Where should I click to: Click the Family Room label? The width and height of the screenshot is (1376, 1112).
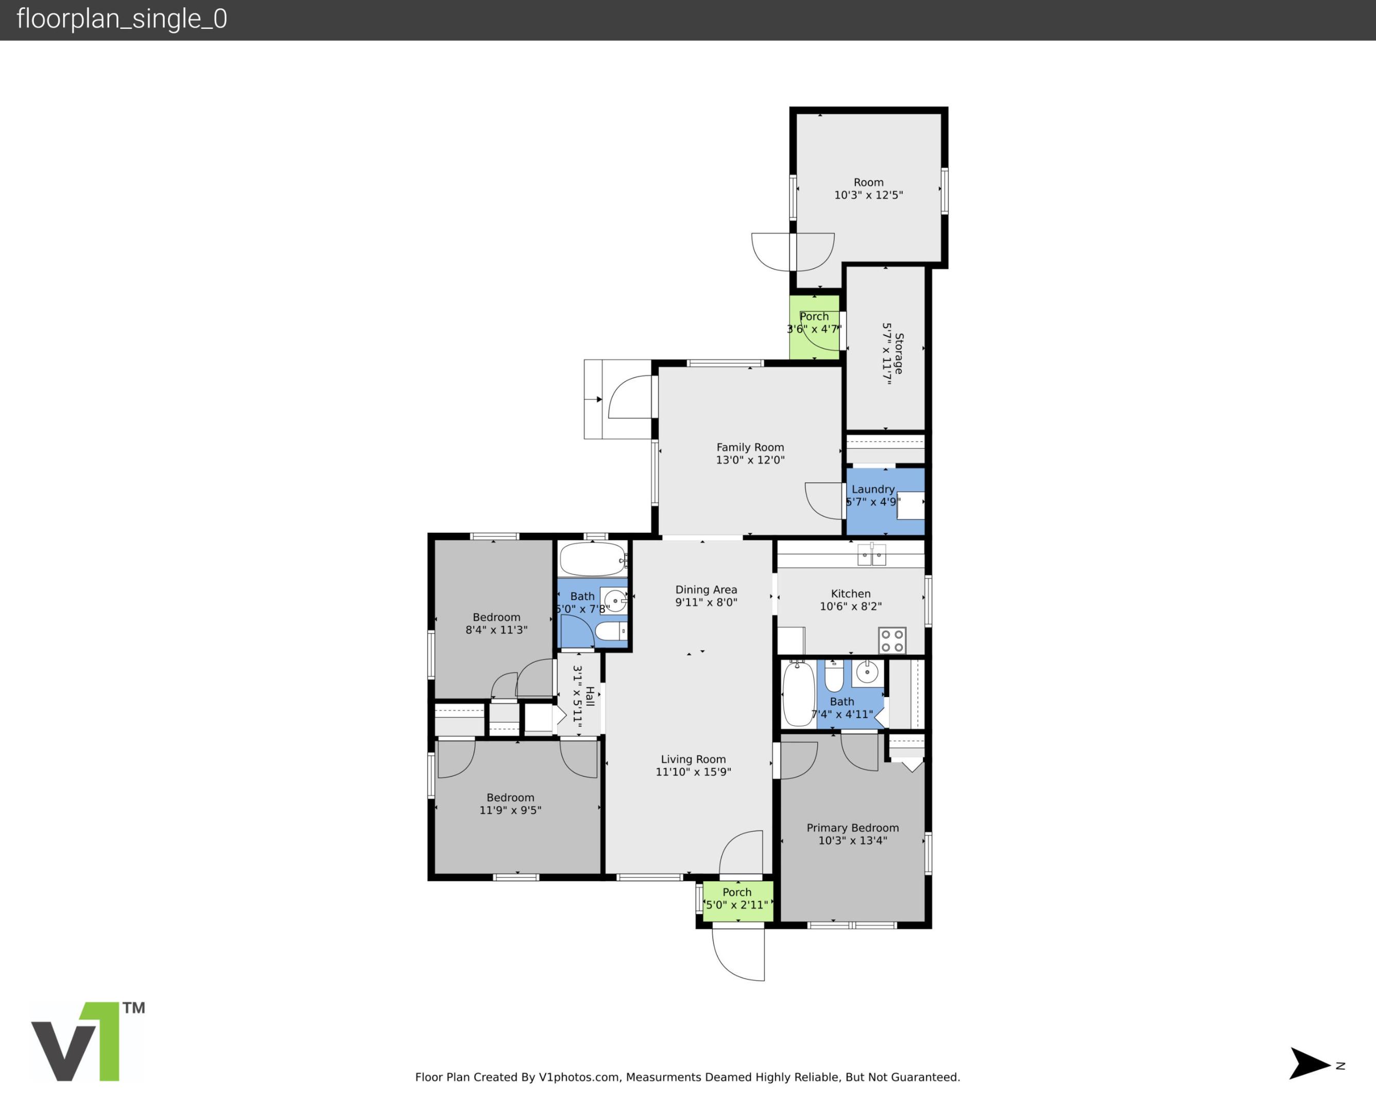pos(749,447)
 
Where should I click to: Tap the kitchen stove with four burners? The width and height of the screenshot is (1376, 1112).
pos(892,640)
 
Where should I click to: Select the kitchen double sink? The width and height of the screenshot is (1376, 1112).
pos(871,555)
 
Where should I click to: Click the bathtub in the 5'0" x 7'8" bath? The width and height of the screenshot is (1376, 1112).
pos(592,559)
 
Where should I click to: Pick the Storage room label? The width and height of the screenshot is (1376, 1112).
pos(899,353)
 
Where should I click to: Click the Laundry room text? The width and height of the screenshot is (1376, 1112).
pos(872,489)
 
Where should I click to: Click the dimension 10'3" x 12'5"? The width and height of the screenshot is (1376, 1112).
pos(868,195)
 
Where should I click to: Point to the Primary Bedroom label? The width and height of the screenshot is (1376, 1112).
pos(852,828)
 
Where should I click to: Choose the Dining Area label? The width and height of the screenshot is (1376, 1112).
pos(706,589)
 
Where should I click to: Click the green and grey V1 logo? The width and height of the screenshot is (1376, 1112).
pos(87,1041)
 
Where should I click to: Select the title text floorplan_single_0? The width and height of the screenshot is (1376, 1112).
pos(122,19)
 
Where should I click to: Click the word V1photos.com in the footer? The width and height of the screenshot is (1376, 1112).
pos(579,1077)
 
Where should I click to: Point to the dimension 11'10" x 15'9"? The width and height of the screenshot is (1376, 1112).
pos(693,772)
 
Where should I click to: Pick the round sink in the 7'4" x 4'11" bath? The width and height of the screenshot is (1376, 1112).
pos(867,672)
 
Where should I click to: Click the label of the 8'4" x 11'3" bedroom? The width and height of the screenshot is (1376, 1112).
pos(496,617)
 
